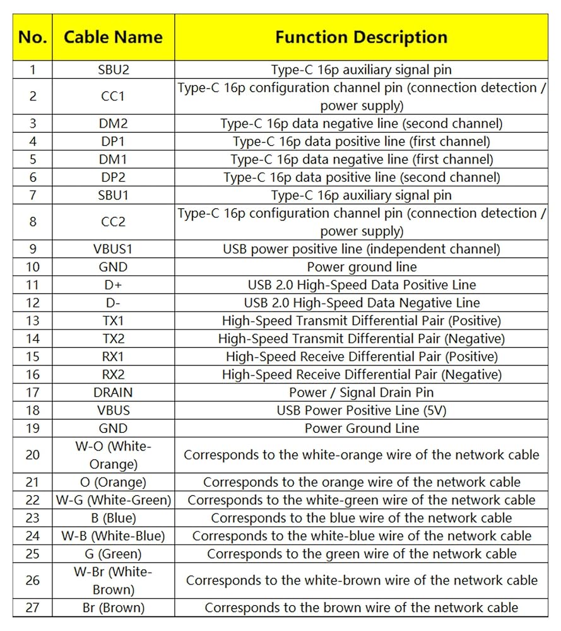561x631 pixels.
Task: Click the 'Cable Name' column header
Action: coord(113,37)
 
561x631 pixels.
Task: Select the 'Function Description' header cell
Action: coord(361,37)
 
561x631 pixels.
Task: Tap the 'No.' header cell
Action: coord(33,37)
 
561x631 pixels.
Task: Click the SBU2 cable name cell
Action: coord(113,69)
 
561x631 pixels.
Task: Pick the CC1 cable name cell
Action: coord(113,97)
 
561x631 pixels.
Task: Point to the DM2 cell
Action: coord(113,124)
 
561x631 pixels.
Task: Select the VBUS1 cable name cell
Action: coord(113,249)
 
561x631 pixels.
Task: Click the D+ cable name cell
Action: coord(113,285)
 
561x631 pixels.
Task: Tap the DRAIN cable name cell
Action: coord(113,392)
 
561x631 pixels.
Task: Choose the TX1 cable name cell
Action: coord(113,321)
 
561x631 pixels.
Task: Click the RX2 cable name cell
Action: coord(113,374)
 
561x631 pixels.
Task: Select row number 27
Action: coord(33,608)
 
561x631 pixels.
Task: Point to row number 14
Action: coord(33,339)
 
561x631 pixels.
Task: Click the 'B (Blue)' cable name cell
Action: coord(113,518)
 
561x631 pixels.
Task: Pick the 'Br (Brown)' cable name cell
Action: coord(113,608)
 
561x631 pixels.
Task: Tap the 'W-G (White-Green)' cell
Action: coord(113,500)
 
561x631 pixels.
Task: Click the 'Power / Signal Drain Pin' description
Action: coord(361,392)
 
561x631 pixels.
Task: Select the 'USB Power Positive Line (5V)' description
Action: coord(361,410)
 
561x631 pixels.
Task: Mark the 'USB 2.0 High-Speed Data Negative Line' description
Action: coord(361,303)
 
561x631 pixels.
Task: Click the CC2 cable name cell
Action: coord(113,222)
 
